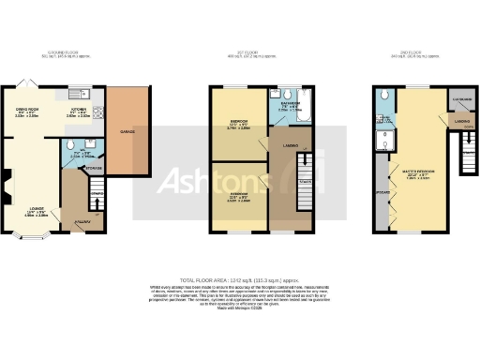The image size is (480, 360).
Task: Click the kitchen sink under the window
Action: coord(75,94)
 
